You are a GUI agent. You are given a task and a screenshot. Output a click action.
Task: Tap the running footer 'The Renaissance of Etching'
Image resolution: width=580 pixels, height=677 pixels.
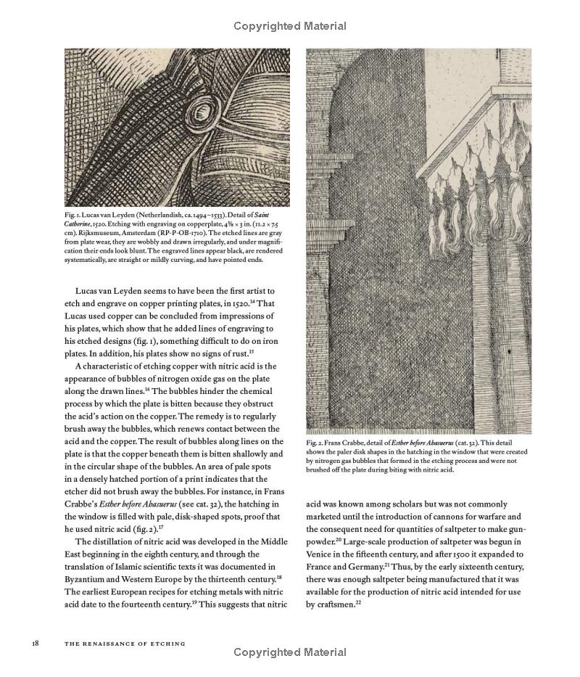pyautogui.click(x=125, y=643)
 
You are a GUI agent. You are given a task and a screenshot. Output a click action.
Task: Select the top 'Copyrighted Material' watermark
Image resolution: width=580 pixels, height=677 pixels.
pyautogui.click(x=290, y=26)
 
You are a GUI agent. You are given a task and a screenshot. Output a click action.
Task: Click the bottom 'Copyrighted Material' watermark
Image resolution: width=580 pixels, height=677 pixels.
pyautogui.click(x=290, y=652)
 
